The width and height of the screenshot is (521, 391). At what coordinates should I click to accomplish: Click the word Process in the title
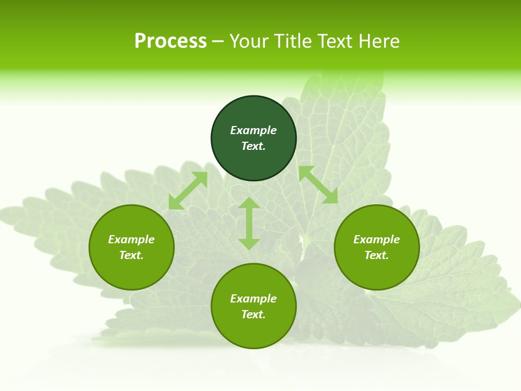[170, 41]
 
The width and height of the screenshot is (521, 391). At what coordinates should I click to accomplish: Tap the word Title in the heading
[293, 41]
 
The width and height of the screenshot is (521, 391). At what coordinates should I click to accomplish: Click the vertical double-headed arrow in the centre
[249, 223]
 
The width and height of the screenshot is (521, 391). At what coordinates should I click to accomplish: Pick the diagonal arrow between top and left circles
[188, 191]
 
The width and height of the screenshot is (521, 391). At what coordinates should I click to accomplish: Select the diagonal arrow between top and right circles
[318, 185]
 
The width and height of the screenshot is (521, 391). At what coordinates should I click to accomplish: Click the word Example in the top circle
[253, 130]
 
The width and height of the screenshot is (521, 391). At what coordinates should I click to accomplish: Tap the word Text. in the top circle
[253, 146]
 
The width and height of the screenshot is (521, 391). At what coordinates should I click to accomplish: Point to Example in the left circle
[131, 239]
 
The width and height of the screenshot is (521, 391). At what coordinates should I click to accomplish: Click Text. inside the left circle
[131, 255]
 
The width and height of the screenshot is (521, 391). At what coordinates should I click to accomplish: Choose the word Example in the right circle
[377, 239]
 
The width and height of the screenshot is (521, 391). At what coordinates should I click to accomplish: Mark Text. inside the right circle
[377, 255]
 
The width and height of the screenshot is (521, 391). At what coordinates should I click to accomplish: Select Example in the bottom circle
[253, 299]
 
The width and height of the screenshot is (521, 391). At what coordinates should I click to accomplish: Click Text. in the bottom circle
[253, 314]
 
